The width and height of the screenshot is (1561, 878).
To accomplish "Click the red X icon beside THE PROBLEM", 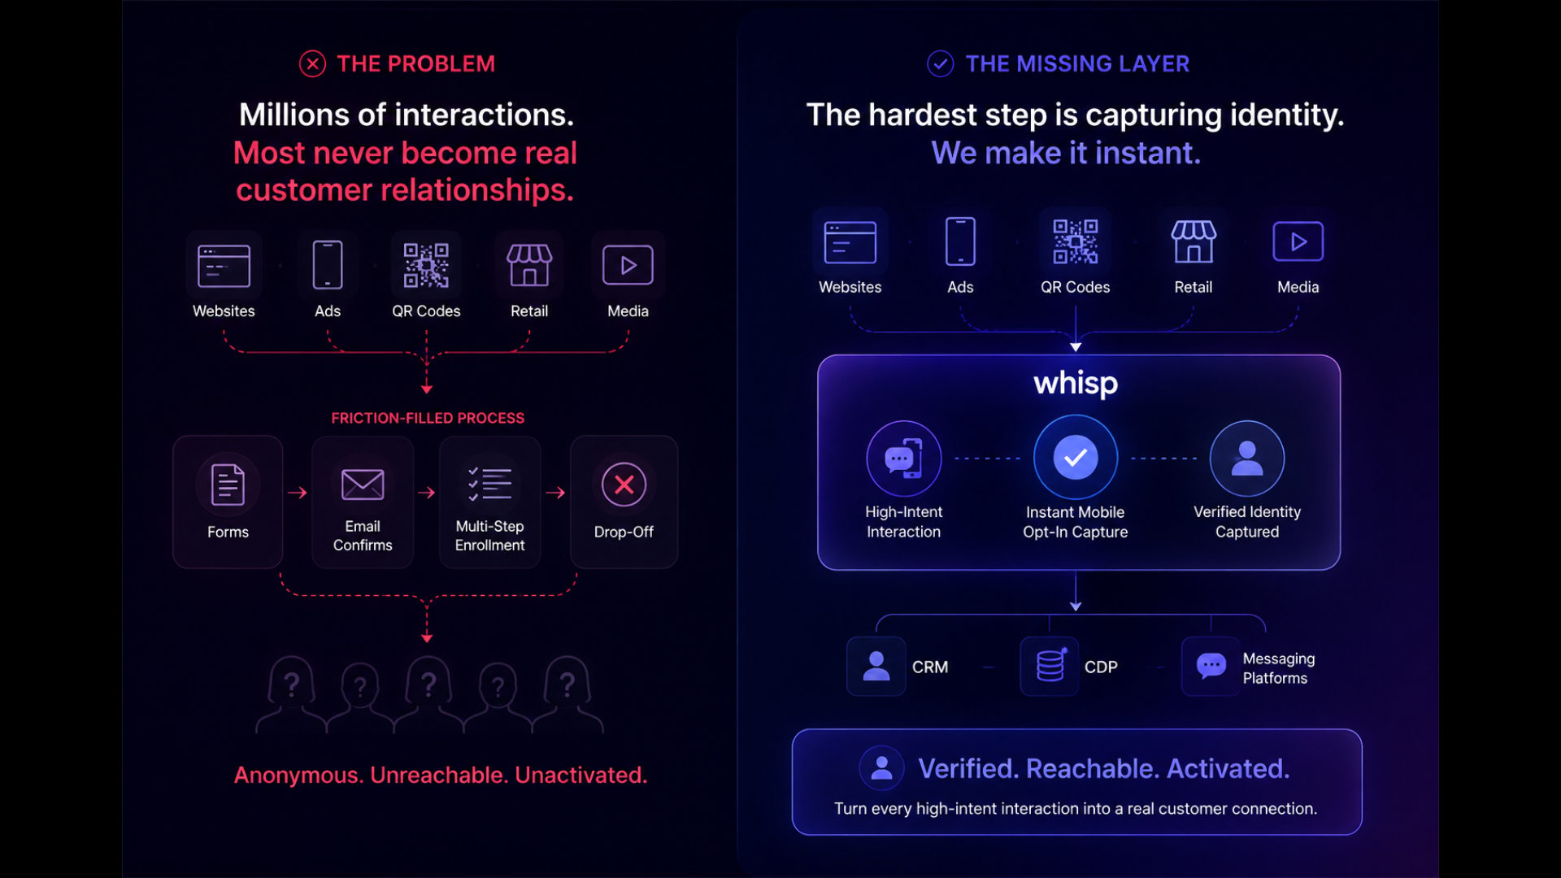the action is [x=312, y=63].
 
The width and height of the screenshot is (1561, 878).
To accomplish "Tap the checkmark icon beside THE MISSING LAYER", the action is [x=941, y=63].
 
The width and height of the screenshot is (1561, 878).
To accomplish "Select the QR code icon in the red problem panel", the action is [x=426, y=265].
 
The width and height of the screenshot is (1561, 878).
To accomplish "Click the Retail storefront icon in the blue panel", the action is [x=1194, y=241].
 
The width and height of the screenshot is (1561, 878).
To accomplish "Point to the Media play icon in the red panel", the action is [x=628, y=265].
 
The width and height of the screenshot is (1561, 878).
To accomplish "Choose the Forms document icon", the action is [x=228, y=485].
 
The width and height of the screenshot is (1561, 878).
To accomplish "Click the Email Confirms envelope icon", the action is [x=363, y=485].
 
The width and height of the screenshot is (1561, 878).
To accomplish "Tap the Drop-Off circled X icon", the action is [x=624, y=485].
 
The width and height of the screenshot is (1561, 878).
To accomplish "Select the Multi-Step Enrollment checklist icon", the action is [x=489, y=484].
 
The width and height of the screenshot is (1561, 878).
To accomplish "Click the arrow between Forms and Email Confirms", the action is [x=298, y=493].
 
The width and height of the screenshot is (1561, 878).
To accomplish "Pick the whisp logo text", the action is [x=1076, y=383].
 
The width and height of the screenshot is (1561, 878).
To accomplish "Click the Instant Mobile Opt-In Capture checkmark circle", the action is [x=1076, y=458].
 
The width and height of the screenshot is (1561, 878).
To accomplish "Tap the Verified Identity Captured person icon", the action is [x=1247, y=459].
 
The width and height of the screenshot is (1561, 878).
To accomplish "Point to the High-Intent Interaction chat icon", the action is [x=904, y=459].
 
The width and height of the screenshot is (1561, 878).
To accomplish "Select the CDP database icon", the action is [x=1050, y=666].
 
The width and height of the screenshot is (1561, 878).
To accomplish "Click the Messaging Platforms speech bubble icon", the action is [x=1211, y=666].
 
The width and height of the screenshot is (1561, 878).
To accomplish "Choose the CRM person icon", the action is [x=876, y=666].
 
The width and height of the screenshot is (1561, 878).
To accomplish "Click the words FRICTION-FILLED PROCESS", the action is [x=428, y=418].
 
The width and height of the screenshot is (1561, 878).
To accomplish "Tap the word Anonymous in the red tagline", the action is [x=298, y=775].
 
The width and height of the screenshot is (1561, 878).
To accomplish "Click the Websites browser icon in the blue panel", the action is [x=850, y=242].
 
